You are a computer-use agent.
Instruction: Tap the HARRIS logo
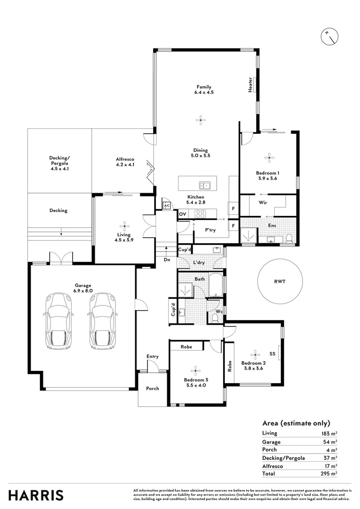click(36, 495)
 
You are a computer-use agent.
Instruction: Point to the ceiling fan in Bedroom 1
click(269, 158)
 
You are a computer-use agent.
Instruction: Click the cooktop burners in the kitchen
click(200, 213)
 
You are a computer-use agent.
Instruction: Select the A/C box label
click(166, 206)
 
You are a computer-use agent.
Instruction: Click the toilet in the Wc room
click(215, 318)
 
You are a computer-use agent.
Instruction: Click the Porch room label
click(152, 388)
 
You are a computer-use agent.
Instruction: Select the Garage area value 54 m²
click(329, 442)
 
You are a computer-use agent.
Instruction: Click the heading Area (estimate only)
click(296, 423)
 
